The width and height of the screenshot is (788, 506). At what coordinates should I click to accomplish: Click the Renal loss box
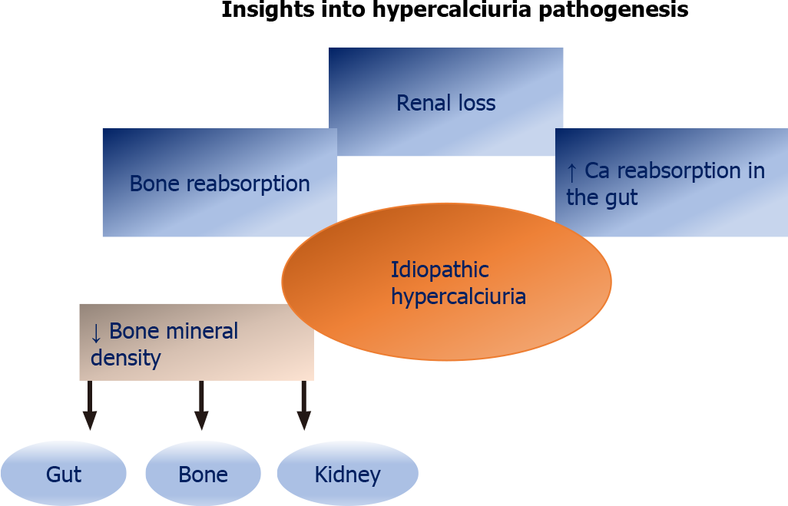445,101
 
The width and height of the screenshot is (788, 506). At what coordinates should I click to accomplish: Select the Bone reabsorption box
220,183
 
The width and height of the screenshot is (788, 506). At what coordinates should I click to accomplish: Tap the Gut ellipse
63,473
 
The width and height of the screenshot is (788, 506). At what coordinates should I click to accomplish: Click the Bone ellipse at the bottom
203,473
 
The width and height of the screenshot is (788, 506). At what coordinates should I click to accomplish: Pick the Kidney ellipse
348,473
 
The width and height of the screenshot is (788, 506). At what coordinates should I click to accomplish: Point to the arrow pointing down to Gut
90,405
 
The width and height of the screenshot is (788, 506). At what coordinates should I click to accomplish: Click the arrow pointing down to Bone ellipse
201,405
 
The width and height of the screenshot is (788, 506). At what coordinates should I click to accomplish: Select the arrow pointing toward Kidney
304,405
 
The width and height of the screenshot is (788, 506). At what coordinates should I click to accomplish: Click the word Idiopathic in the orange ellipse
440,270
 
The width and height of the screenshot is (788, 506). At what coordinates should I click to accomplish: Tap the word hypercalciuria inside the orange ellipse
459,296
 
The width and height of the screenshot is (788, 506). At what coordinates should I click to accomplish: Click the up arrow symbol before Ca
571,172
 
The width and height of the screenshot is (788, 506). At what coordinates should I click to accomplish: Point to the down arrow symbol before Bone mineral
96,332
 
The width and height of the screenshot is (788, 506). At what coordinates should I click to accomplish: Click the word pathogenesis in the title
613,9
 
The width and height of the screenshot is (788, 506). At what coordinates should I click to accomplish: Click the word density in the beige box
126,359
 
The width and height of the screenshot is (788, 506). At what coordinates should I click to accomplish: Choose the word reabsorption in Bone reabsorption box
248,184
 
